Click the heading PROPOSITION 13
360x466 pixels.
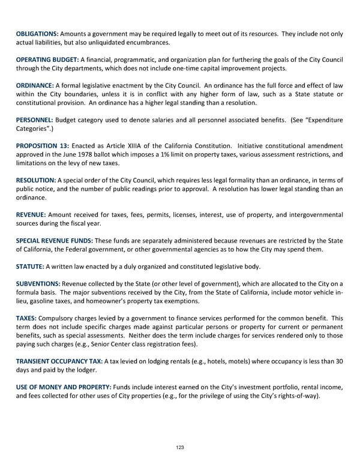(43, 147)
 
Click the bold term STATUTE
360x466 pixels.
(29, 267)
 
